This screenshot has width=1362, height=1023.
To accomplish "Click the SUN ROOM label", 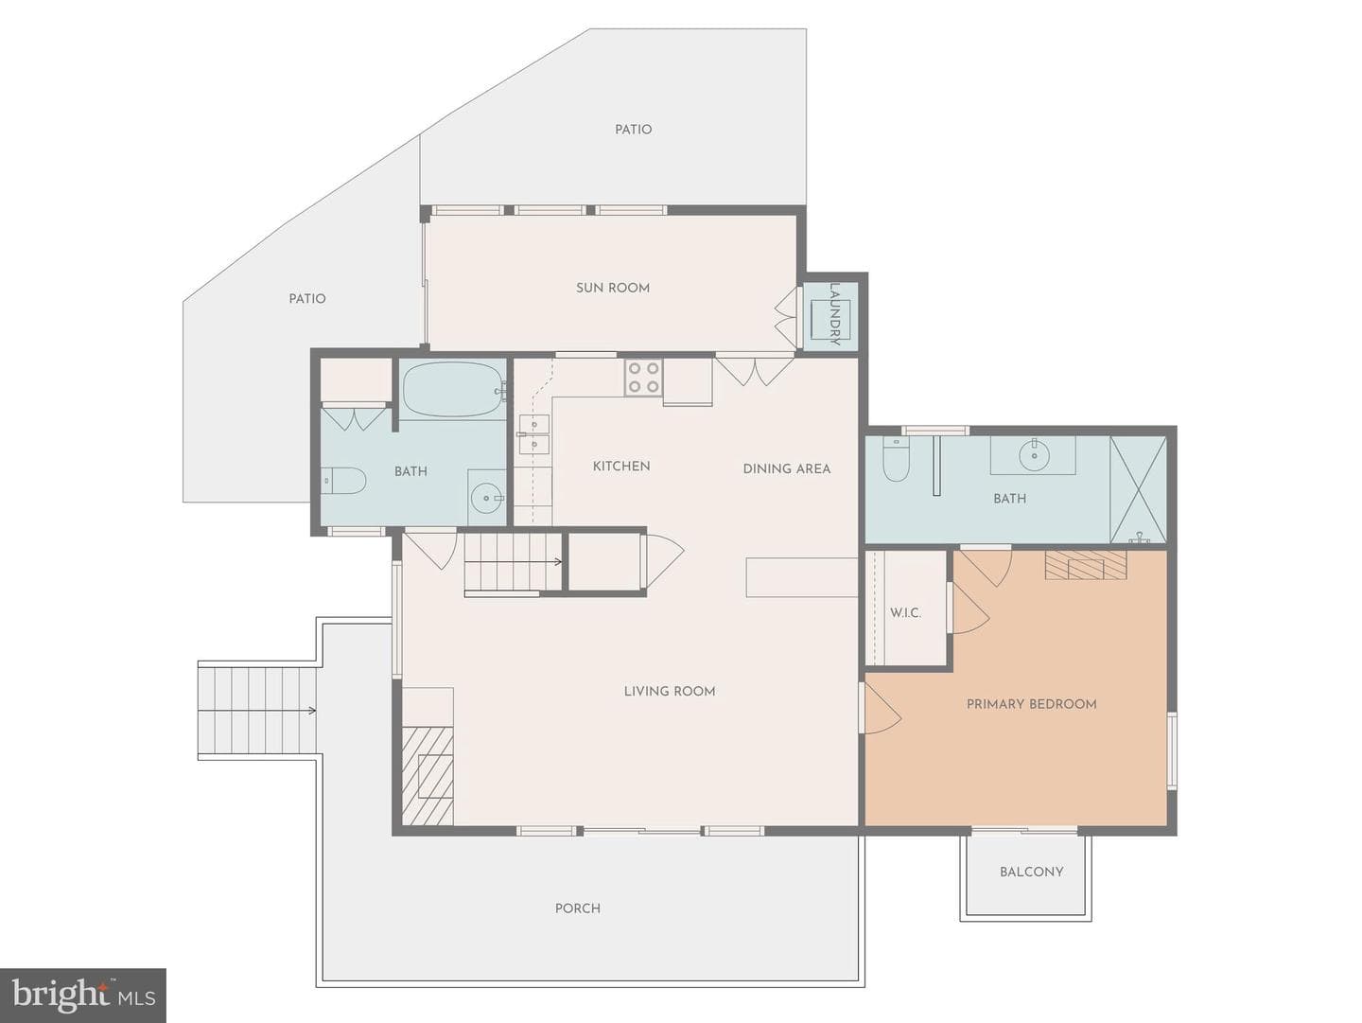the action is click(x=613, y=288).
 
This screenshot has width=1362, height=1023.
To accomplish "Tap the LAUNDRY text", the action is click(x=834, y=314).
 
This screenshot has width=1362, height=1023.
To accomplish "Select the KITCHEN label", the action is click(x=621, y=467).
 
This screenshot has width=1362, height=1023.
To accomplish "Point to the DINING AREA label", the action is click(x=787, y=468).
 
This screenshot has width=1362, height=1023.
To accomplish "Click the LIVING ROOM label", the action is click(x=670, y=691).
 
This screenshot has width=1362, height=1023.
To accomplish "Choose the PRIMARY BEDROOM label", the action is click(x=1031, y=704).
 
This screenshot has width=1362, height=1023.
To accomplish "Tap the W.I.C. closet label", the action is click(x=905, y=612).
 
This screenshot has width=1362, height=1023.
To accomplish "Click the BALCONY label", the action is click(x=1031, y=872).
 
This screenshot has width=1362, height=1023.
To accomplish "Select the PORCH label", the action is click(x=577, y=908).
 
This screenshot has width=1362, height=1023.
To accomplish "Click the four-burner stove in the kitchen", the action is click(x=643, y=378).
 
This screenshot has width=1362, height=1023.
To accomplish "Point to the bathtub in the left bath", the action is click(x=453, y=389).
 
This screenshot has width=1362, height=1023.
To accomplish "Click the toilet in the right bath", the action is click(x=896, y=459).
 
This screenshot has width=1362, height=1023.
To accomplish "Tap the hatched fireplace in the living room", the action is click(x=428, y=776).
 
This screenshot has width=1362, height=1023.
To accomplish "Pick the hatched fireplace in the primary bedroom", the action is click(x=1085, y=565).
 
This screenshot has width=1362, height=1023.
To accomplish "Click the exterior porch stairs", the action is click(x=257, y=711).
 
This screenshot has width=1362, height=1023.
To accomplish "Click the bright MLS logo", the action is click(x=82, y=995).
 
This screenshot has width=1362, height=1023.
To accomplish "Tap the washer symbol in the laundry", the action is click(x=830, y=320).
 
